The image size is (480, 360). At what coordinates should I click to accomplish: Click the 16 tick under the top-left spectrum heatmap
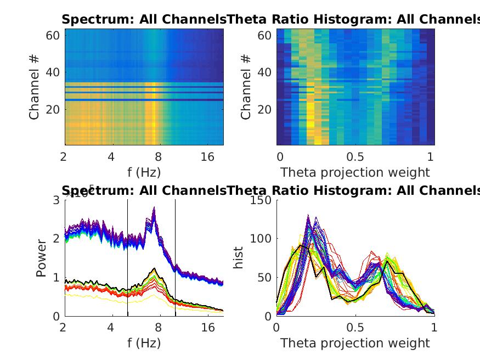208,157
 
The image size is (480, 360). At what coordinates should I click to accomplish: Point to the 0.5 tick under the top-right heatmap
355,157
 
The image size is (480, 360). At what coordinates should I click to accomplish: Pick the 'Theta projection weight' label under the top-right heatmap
355,172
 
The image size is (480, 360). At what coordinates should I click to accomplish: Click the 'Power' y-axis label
42,258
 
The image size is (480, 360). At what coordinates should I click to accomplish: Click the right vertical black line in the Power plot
176,258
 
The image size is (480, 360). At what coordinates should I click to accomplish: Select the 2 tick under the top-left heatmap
64,157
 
